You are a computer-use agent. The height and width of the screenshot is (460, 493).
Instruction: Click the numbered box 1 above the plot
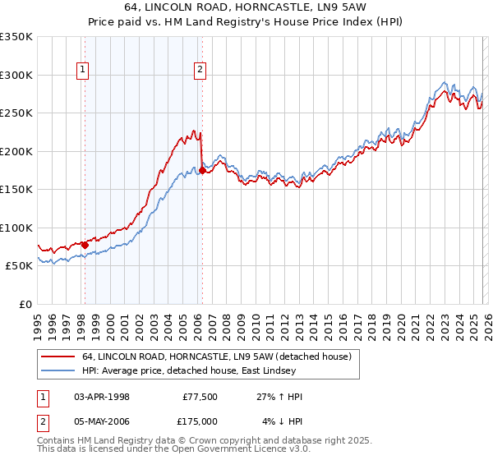tap(84, 71)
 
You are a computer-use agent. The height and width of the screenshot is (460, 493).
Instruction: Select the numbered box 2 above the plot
tap(200, 71)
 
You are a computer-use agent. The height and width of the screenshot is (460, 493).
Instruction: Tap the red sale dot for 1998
tap(85, 245)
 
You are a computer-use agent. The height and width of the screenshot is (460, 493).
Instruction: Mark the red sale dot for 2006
tap(202, 171)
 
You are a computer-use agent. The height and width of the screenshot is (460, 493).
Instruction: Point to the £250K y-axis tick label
tap(16, 113)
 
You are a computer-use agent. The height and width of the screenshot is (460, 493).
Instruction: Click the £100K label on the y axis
tap(16, 228)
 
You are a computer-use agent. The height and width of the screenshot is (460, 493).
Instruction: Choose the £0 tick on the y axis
tap(25, 304)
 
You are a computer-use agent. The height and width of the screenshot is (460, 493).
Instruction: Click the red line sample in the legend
tap(58, 356)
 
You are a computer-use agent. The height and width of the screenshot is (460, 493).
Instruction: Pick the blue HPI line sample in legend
tap(58, 370)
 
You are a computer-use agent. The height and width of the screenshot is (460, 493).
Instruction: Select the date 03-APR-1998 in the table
tap(102, 397)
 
